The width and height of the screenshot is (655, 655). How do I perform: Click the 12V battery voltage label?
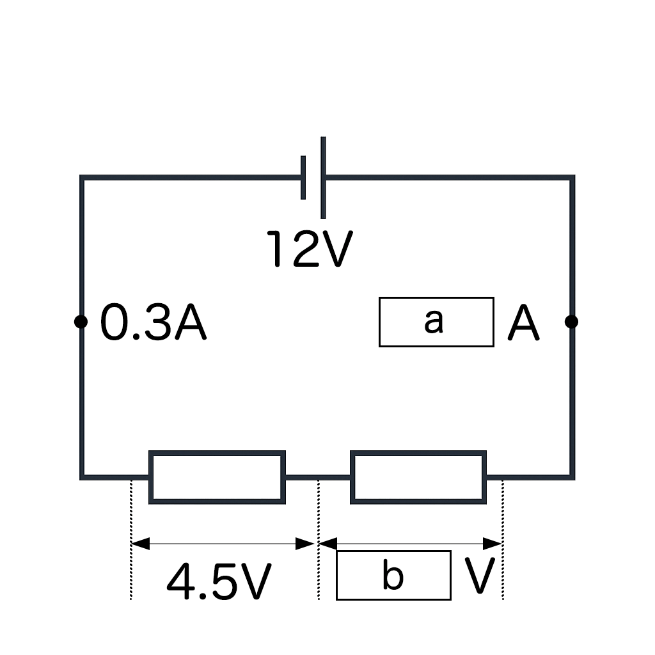tap(310, 249)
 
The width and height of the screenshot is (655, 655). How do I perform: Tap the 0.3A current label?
tap(154, 323)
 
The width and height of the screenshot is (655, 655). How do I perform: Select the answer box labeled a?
tap(436, 322)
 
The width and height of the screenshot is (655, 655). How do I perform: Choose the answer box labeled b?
tap(393, 575)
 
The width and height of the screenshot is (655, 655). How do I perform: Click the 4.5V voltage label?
tap(219, 581)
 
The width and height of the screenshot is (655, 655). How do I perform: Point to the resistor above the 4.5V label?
tap(217, 477)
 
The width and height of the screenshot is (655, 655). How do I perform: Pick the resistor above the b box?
tap(418, 477)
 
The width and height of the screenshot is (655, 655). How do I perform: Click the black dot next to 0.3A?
tap(81, 322)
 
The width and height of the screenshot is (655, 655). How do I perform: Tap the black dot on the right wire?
tap(572, 322)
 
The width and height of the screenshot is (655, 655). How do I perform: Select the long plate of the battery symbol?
tap(323, 177)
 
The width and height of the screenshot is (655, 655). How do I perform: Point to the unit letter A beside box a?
tap(523, 323)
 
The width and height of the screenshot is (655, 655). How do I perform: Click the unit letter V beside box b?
tap(480, 576)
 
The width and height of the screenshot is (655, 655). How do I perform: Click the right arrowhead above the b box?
tap(493, 544)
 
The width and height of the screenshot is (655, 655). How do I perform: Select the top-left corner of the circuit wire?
tap(82, 178)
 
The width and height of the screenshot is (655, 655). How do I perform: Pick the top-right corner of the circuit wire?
tap(572, 178)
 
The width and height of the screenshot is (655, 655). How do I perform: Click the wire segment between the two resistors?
tap(318, 477)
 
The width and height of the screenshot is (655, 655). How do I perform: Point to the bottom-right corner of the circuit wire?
tap(572, 477)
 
